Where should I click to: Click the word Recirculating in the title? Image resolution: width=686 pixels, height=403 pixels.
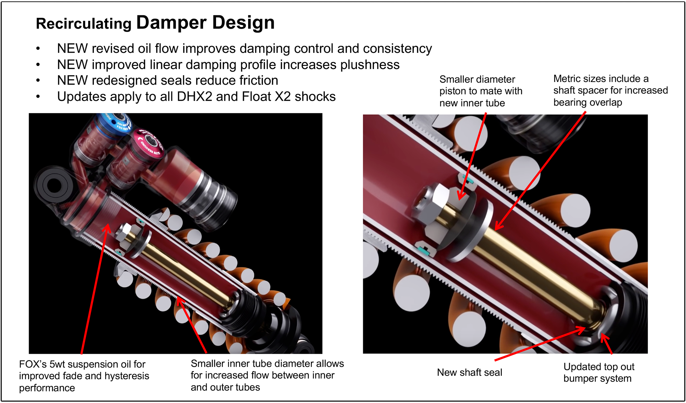(84, 24)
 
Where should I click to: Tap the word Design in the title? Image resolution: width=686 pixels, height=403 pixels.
(243, 23)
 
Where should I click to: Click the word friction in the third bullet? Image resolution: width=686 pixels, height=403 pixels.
(259, 81)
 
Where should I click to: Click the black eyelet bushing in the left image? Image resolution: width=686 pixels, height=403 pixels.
(54, 185)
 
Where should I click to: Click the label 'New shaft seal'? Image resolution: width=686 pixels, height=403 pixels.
(469, 372)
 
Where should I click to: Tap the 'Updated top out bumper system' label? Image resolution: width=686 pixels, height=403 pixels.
(599, 372)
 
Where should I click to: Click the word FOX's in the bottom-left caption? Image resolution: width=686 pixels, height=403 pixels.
(33, 364)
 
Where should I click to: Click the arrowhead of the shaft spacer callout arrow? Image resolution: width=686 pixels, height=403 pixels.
(497, 228)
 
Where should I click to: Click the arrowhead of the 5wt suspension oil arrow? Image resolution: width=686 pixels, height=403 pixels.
(108, 226)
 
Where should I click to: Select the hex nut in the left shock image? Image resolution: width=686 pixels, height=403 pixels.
(125, 233)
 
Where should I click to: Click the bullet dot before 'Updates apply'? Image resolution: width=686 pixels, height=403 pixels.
(38, 97)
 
